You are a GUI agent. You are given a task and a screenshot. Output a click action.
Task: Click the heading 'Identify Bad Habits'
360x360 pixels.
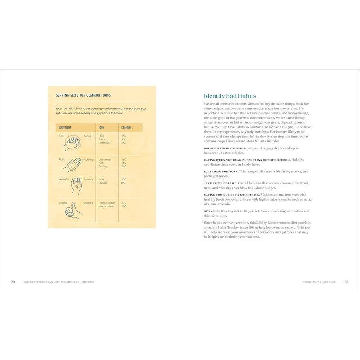pyautogui.click(x=229, y=96)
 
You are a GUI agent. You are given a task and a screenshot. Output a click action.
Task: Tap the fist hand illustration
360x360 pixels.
pyautogui.click(x=73, y=143)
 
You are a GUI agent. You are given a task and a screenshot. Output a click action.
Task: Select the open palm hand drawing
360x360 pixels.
pyautogui.click(x=72, y=165)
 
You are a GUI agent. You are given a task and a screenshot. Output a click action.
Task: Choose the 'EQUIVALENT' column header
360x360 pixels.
pyautogui.click(x=65, y=128)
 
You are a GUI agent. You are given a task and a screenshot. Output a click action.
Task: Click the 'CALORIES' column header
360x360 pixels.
pyautogui.click(x=126, y=128)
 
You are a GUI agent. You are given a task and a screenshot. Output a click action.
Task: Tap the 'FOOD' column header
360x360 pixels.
pyautogui.click(x=102, y=128)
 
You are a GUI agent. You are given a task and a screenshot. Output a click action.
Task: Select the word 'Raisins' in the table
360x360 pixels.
pyautogui.click(x=103, y=183)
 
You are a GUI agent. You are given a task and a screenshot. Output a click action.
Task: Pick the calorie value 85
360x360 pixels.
pyautogui.click(x=123, y=183)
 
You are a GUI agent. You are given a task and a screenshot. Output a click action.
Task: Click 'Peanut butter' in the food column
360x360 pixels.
pyautogui.click(x=107, y=203)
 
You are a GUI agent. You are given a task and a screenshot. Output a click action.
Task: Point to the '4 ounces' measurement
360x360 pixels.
pyautogui.click(x=89, y=159)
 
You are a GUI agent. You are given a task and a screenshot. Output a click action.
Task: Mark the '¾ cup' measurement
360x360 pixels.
pyautogui.click(x=87, y=136)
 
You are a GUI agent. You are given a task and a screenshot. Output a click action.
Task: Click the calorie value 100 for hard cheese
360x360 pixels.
pyautogui.click(x=124, y=207)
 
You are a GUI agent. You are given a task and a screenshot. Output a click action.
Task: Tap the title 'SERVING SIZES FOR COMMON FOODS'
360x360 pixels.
pyautogui.click(x=83, y=95)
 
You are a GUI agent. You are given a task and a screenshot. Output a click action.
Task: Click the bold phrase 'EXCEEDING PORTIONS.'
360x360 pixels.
pyautogui.click(x=220, y=171)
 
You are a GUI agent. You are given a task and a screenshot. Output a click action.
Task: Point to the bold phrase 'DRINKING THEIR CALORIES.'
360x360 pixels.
pyautogui.click(x=225, y=148)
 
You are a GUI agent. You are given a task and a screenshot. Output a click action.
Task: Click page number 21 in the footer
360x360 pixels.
pyautogui.click(x=346, y=282)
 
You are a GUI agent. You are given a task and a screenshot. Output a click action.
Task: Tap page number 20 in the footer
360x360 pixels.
pyautogui.click(x=13, y=282)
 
